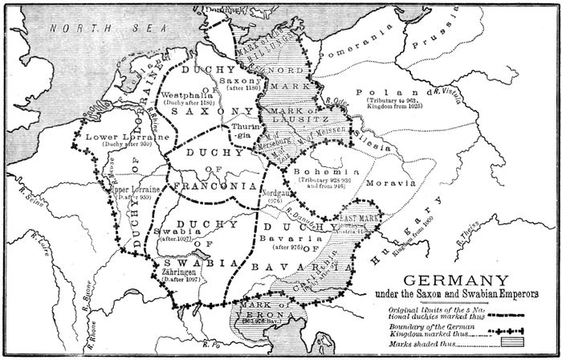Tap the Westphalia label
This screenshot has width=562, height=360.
pyautogui.click(x=186, y=94)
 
